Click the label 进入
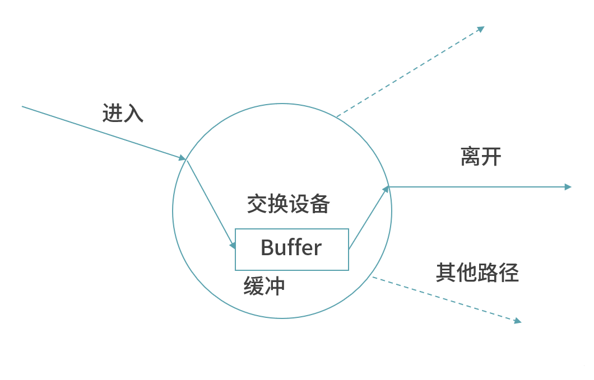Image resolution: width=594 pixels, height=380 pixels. (123, 113)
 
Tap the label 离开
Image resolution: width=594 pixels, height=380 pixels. (481, 157)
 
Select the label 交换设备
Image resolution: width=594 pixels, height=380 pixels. (288, 204)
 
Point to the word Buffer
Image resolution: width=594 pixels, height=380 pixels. (291, 247)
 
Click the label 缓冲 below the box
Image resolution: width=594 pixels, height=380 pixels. (264, 286)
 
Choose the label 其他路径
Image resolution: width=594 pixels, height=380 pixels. (477, 273)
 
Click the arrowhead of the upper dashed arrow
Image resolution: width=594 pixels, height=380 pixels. (480, 28)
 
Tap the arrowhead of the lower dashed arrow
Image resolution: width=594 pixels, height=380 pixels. (518, 321)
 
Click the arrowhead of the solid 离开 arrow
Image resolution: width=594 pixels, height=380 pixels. (568, 186)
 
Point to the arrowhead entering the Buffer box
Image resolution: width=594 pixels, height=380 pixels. (233, 245)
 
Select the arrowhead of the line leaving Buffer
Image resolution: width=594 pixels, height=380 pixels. (386, 190)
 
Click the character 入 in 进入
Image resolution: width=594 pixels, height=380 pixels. (133, 113)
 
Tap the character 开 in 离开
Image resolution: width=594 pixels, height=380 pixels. (491, 157)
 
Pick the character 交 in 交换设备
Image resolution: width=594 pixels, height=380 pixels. (257, 204)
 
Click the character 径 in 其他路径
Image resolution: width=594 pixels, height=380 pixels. (509, 273)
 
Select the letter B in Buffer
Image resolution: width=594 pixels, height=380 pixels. (267, 247)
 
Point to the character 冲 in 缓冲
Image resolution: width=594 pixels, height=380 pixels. (275, 286)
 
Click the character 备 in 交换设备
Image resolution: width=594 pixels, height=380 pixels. (319, 204)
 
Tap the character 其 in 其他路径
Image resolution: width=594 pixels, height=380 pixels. (446, 273)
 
